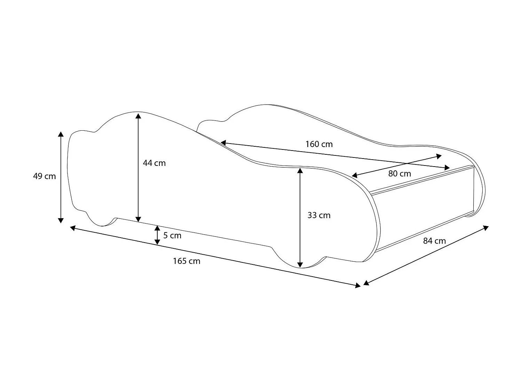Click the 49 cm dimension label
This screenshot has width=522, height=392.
44,176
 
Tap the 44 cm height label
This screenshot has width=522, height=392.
154,163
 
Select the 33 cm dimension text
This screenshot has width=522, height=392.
319,215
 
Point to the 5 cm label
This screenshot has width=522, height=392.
172,236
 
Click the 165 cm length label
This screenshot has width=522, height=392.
187,261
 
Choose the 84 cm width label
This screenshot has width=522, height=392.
434,241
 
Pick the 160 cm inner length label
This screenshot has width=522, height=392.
319,144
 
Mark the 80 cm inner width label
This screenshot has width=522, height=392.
400,174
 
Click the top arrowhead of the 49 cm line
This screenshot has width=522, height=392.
61,134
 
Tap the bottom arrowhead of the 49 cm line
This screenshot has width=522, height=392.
61,220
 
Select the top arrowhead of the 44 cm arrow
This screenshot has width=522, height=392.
139,115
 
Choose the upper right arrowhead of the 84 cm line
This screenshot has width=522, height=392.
486,228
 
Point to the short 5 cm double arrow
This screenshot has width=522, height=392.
157,235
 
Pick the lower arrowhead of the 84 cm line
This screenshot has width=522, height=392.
366,283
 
